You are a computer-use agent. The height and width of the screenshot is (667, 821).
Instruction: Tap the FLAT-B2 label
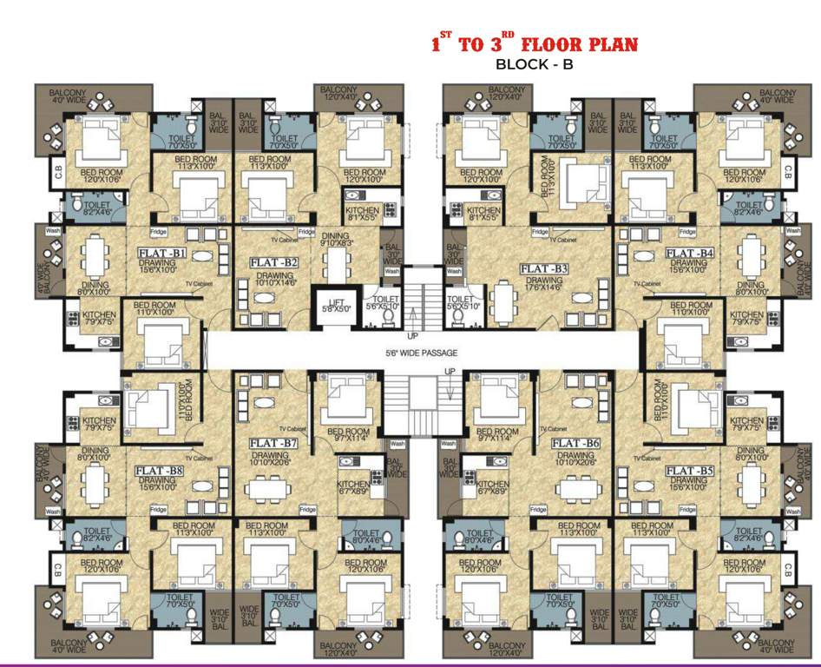pos(274,261)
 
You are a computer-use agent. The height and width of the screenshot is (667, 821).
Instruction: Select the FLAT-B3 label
pos(543,269)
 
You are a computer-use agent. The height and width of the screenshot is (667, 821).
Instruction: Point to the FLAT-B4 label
pos(690,253)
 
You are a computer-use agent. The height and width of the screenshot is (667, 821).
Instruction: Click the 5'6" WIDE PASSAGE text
pos(422,353)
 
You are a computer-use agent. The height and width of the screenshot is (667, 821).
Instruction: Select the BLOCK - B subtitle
pos(535,63)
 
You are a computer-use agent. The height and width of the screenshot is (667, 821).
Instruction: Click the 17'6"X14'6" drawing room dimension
pos(543,290)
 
